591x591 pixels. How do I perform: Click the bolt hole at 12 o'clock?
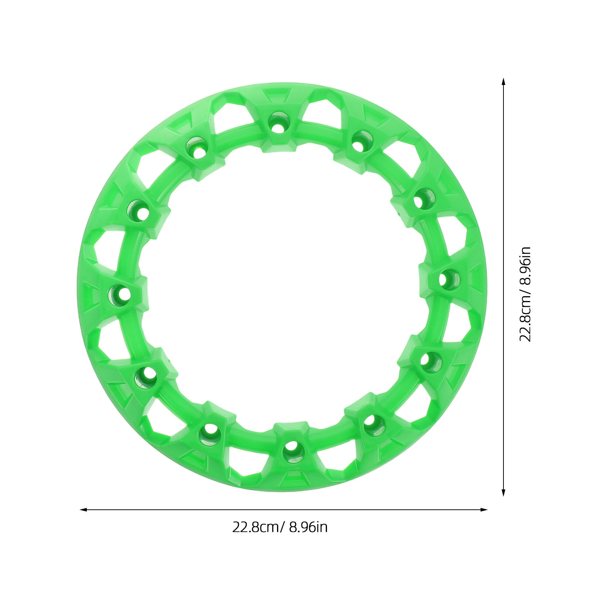(x=278, y=122)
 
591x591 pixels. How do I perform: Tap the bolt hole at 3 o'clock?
(x=449, y=280)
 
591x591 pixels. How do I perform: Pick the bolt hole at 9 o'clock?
(x=119, y=295)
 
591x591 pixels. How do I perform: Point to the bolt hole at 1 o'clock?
(x=362, y=141)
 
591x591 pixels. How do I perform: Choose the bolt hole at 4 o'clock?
(x=431, y=362)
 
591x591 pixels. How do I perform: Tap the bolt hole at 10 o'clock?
(x=138, y=211)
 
